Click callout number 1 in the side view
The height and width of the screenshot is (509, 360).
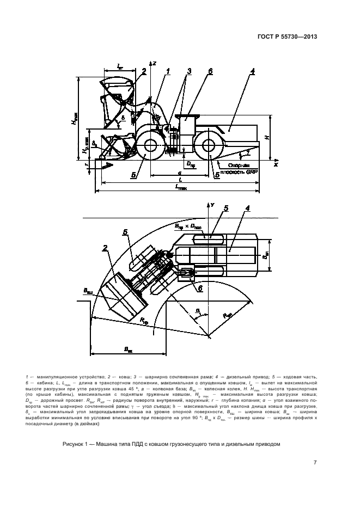(x=168, y=71)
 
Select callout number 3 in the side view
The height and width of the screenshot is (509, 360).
(x=189, y=71)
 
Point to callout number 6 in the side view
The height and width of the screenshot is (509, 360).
(x=210, y=71)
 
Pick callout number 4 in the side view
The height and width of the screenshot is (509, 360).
(x=253, y=71)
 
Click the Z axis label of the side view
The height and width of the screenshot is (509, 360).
(x=155, y=64)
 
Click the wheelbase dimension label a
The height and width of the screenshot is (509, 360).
(x=179, y=172)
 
